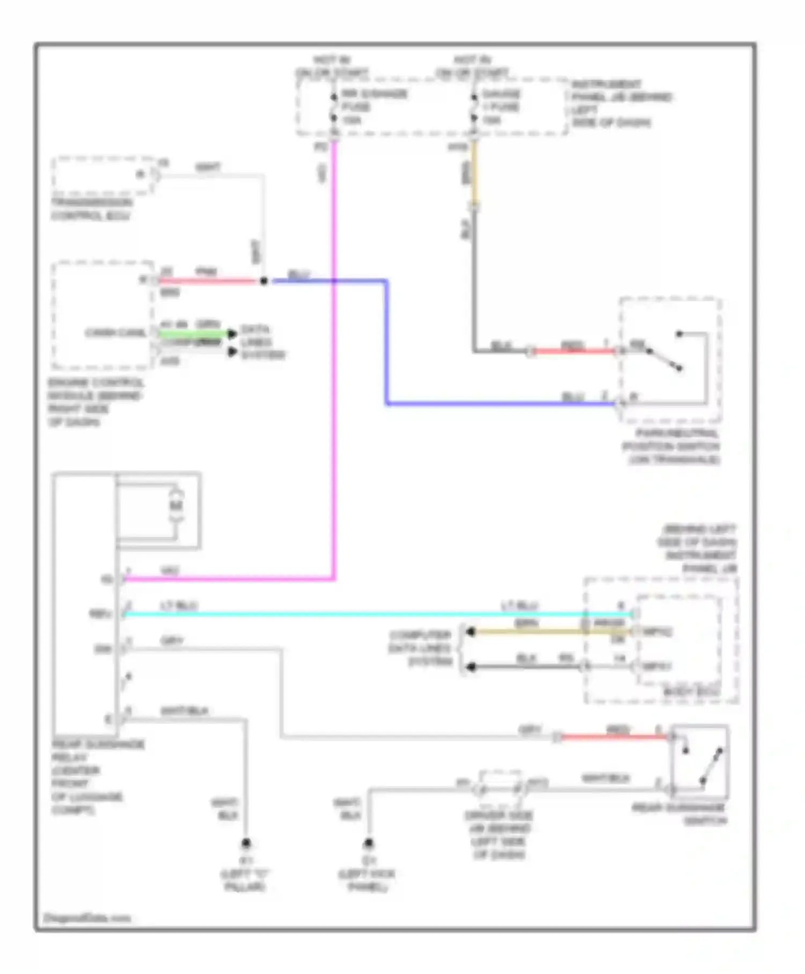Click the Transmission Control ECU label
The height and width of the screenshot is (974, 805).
click(91, 209)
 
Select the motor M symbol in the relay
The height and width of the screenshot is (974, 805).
click(176, 505)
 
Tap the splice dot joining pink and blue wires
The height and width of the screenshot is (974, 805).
click(264, 281)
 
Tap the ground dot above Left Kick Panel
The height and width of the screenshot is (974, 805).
click(369, 843)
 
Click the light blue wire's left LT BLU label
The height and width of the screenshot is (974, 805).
click(179, 606)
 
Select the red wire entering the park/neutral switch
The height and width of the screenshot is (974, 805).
click(574, 351)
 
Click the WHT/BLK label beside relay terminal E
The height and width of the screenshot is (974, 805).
click(184, 711)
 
